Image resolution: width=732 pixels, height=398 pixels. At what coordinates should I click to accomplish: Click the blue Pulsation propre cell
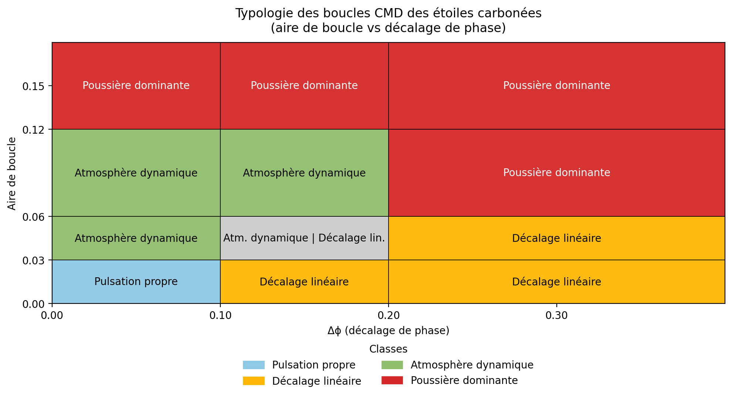click(x=136, y=282)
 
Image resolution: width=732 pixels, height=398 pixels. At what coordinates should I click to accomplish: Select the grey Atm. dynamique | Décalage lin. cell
click(x=304, y=238)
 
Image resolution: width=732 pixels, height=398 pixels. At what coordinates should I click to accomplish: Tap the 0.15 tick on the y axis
click(x=33, y=86)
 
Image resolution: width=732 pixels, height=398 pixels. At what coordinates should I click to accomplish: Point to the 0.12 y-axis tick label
click(x=33, y=130)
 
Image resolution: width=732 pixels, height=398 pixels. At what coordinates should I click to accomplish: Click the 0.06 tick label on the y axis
click(x=33, y=217)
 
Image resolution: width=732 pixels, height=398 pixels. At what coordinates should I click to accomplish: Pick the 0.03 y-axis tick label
click(x=33, y=260)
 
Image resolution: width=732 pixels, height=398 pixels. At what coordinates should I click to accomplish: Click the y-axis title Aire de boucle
click(x=12, y=174)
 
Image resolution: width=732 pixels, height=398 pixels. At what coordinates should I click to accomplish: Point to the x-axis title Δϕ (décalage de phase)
click(x=388, y=330)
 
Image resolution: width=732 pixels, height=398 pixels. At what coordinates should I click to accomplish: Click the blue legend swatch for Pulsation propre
click(x=254, y=365)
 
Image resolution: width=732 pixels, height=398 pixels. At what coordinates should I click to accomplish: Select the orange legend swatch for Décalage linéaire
click(x=254, y=381)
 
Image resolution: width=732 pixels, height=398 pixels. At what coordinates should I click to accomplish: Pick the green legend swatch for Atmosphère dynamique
click(x=392, y=365)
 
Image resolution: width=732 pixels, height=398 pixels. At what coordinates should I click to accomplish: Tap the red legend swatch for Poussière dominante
click(x=392, y=381)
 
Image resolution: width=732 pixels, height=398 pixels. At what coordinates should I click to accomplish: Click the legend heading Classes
click(x=388, y=349)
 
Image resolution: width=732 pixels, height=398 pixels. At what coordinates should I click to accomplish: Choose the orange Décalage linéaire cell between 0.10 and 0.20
click(x=304, y=282)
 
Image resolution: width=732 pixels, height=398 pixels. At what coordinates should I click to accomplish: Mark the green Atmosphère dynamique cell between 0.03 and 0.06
click(x=136, y=238)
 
